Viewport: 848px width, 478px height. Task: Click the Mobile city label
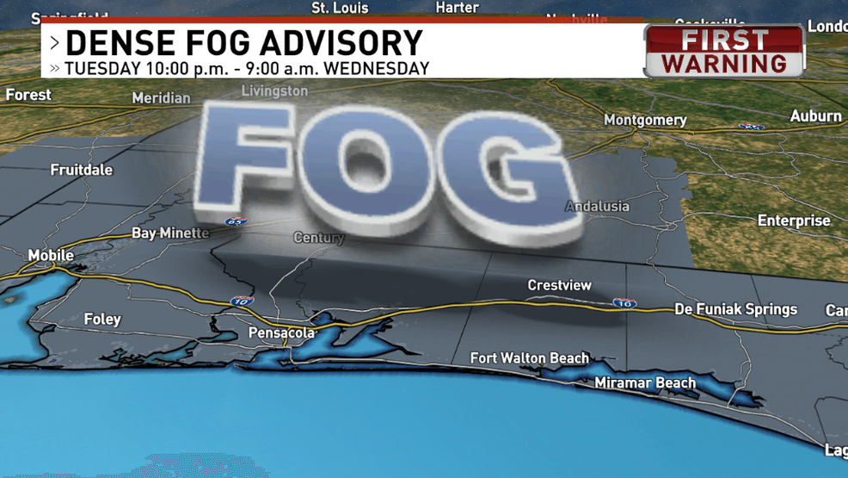point(51,256)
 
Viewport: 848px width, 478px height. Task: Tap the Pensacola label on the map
point(281,332)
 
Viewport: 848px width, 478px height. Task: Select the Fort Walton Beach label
point(529,358)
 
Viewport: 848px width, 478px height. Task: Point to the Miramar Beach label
point(645,383)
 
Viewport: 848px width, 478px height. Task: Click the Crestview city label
point(559,285)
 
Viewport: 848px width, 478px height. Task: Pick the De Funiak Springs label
point(735,309)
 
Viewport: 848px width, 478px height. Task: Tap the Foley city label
point(102,320)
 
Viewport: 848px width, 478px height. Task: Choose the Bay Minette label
point(170,233)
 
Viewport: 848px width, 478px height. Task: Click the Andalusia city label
point(597,207)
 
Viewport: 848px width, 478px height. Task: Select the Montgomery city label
point(645,121)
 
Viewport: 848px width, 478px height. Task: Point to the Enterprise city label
point(794,221)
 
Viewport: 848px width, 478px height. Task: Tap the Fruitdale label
point(82,170)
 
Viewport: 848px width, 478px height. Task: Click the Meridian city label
point(161,98)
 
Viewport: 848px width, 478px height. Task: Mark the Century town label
point(318,238)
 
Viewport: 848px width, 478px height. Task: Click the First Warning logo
point(724,52)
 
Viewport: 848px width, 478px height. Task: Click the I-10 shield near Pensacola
point(242,301)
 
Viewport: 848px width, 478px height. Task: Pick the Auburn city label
point(815,116)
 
